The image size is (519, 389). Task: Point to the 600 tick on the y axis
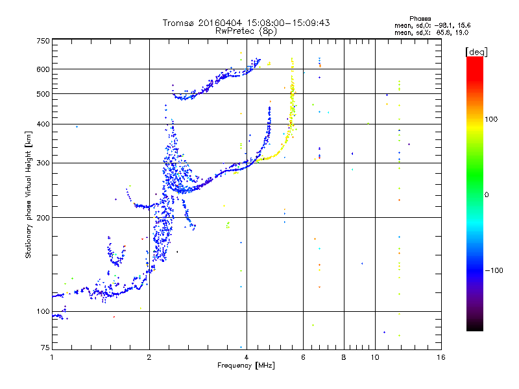[x=43, y=69]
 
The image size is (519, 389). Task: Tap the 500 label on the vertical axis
[x=43, y=94]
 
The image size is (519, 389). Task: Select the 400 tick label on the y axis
[x=43, y=124]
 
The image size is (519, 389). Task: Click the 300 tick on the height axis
[x=43, y=163]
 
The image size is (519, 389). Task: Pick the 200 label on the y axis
[x=43, y=217]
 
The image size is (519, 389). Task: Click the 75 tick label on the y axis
[x=45, y=348]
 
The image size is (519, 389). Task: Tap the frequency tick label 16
[x=441, y=357]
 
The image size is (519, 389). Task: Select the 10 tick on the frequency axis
[x=375, y=357]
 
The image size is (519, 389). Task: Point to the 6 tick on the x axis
[x=304, y=357]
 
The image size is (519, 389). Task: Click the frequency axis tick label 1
[x=52, y=357]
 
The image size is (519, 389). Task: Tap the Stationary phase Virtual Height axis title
[x=29, y=194]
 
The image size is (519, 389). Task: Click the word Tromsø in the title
[x=180, y=23]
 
